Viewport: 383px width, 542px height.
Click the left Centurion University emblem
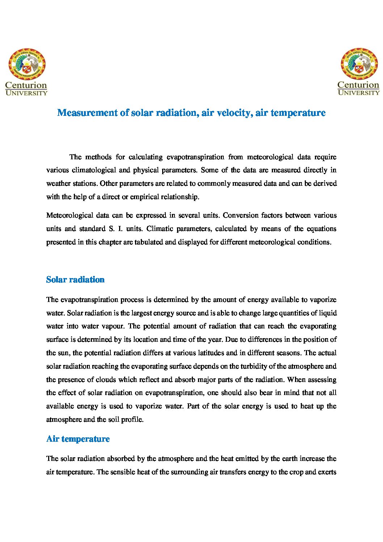27,64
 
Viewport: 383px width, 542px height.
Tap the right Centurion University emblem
359,64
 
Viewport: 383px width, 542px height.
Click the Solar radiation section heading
75,280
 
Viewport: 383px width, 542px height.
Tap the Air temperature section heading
78,439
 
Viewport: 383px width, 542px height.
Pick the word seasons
289,353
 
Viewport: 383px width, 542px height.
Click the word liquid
327,313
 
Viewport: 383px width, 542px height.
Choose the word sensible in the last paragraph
122,472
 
